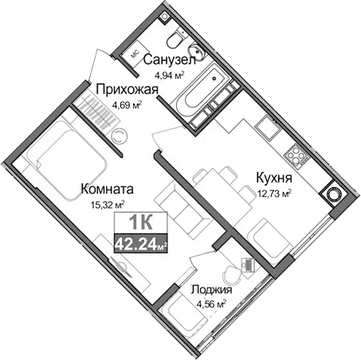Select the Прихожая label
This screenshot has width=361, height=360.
click(x=124, y=89)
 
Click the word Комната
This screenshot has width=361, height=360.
click(x=106, y=190)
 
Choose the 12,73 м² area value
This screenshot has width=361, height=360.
click(x=273, y=192)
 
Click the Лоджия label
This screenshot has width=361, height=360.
click(x=211, y=290)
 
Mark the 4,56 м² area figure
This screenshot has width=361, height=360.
click(x=211, y=304)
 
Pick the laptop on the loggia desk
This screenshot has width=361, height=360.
click(x=249, y=264)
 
